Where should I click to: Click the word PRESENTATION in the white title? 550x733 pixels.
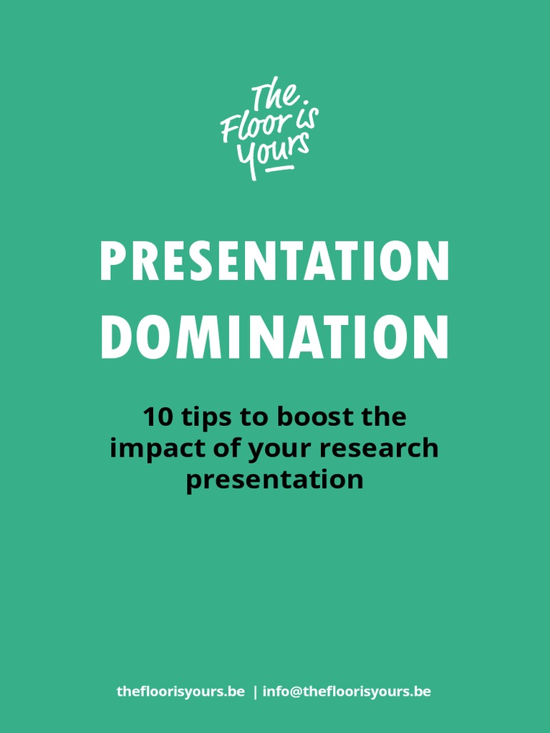(274, 261)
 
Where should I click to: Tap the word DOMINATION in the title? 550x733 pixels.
(274, 338)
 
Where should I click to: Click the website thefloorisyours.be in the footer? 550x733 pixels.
(180, 691)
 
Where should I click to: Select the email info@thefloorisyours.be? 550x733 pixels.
(347, 691)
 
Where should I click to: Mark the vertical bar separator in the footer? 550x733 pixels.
(255, 692)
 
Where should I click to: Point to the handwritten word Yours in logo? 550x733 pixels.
(272, 152)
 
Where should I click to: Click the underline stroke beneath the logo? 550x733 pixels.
(280, 168)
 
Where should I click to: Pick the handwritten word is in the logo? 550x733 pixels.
(307, 116)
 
